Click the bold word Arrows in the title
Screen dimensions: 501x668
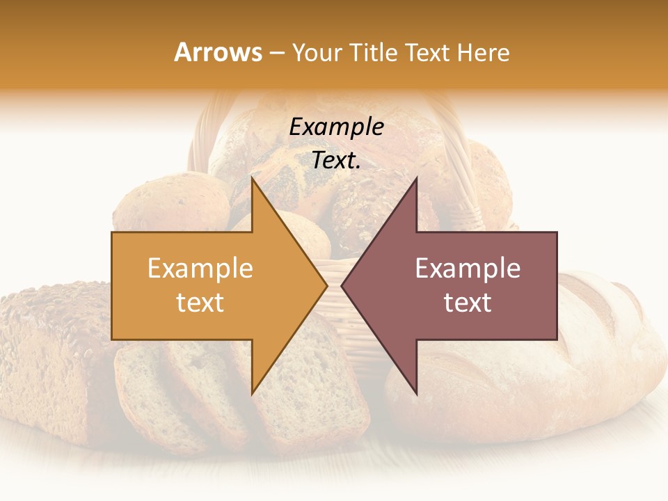[218, 52]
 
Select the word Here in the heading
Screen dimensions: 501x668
[483, 52]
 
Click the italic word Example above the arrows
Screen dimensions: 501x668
[336, 127]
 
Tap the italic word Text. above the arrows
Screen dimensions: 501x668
[336, 160]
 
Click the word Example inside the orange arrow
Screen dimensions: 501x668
[200, 269]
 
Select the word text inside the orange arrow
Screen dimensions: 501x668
[200, 303]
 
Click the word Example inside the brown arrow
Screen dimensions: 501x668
[468, 269]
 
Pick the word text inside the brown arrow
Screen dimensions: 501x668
[468, 303]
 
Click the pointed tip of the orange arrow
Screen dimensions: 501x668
[326, 285]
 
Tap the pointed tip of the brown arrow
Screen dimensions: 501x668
[342, 285]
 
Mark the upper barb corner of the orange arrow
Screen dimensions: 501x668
[253, 178]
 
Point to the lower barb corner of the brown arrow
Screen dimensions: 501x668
[416, 394]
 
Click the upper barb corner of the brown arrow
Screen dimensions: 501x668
[416, 178]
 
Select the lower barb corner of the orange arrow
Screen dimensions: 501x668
[253, 394]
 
